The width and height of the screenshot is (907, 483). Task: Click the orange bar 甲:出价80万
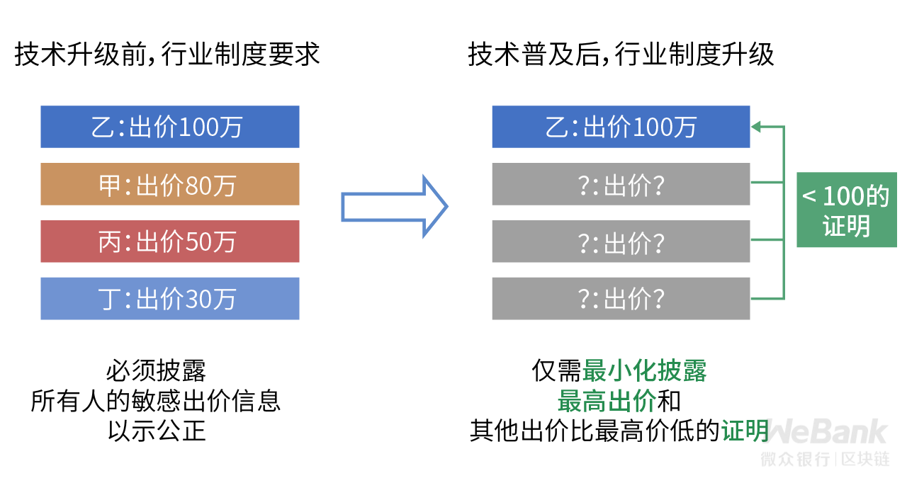[169, 184]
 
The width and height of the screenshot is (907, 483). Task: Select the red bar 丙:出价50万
[169, 241]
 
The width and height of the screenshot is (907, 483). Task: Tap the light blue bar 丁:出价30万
[169, 299]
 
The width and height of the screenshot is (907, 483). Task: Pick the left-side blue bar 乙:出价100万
[169, 127]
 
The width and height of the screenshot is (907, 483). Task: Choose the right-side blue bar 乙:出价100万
[621, 127]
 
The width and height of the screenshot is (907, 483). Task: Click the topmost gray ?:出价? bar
[621, 184]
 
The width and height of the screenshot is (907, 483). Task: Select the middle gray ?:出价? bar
[621, 241]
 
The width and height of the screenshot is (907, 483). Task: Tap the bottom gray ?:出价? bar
[621, 299]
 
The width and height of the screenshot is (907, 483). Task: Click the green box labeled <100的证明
[847, 210]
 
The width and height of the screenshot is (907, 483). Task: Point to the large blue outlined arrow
[395, 207]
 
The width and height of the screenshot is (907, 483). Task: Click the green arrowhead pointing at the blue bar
[756, 127]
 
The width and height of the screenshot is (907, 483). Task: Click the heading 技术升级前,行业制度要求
[167, 55]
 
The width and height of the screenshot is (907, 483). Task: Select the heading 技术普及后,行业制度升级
[621, 55]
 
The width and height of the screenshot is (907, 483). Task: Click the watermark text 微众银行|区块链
[826, 459]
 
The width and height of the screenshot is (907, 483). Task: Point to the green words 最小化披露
[644, 370]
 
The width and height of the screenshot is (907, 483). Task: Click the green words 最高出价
[607, 401]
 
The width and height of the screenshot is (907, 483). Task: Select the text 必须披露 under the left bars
[157, 370]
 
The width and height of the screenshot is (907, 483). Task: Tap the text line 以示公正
[157, 431]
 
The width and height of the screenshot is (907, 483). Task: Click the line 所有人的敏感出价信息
[156, 401]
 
